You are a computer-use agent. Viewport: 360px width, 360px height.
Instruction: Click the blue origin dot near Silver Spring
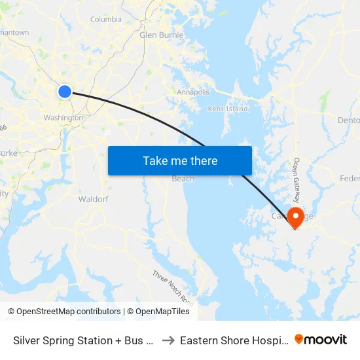(64, 91)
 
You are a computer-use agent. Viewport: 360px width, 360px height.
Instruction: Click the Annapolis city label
(192, 92)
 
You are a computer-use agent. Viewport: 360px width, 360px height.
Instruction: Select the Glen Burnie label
(161, 35)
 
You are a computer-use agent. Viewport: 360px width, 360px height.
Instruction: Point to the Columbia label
(106, 20)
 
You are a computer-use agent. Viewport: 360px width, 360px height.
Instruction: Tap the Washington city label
(63, 118)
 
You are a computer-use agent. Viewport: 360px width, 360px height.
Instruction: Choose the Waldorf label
(93, 198)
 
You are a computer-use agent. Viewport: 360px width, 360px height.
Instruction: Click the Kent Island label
(228, 109)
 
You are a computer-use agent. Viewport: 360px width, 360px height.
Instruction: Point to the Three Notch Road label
(173, 288)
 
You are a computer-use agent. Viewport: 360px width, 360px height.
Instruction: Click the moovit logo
(321, 340)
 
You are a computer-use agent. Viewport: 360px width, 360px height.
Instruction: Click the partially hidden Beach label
(183, 179)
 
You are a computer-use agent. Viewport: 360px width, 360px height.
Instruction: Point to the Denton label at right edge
(348, 120)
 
